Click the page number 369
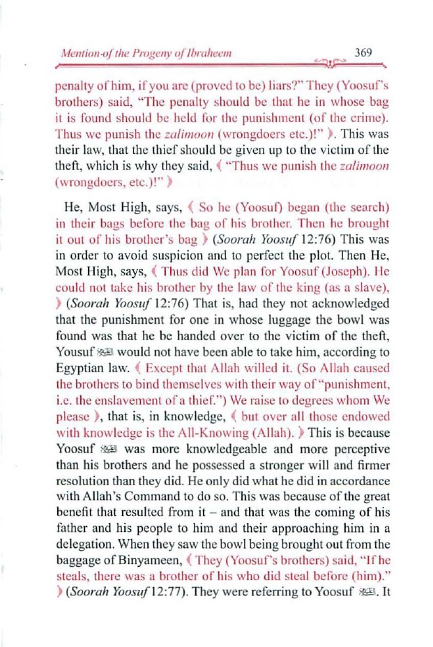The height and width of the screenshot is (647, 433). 364,52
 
